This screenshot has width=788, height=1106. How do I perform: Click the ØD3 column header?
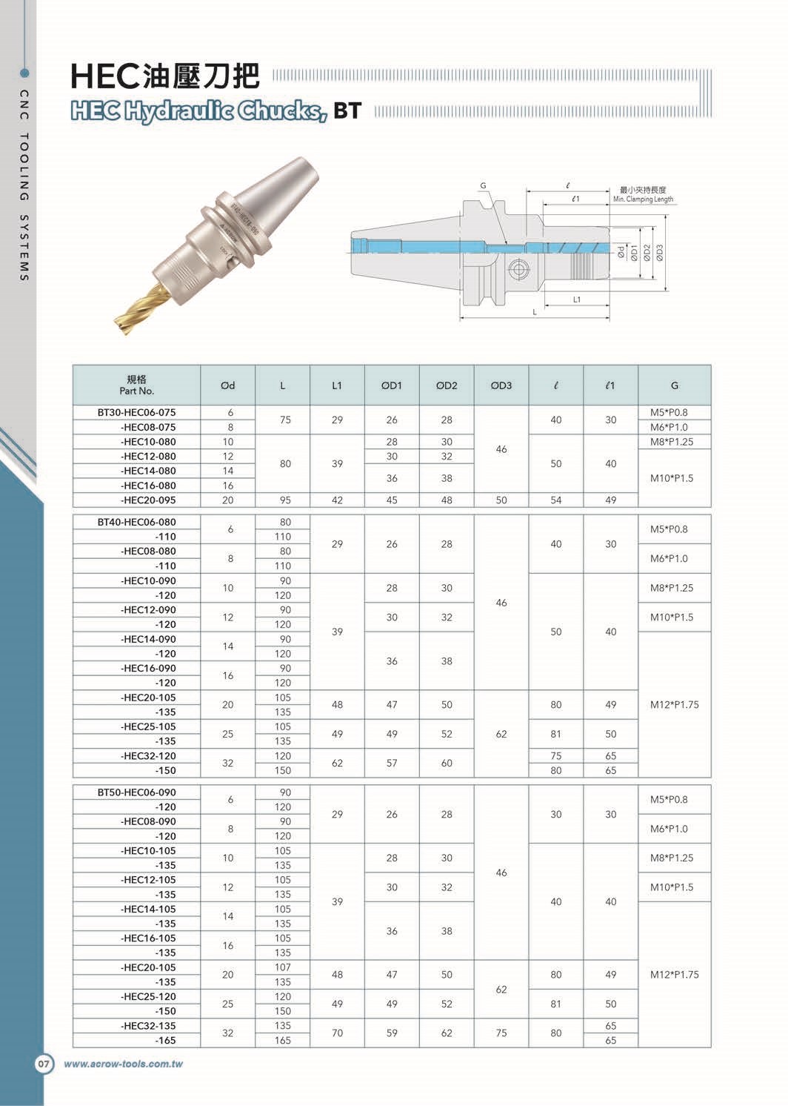[501, 385]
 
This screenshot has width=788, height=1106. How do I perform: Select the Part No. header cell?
[136, 385]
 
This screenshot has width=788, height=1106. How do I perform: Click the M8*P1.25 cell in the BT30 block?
[674, 442]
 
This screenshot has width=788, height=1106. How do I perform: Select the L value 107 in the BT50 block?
[283, 967]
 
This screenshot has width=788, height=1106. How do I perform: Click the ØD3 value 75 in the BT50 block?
[501, 1033]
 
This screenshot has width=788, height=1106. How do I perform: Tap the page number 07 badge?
[44, 1064]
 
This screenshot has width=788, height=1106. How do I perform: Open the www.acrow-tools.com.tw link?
[123, 1064]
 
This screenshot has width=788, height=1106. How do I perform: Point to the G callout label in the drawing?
[482, 185]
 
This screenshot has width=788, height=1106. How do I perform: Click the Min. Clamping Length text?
[643, 199]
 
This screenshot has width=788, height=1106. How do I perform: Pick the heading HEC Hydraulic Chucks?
[198, 111]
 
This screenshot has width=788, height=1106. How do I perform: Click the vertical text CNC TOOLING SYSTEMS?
[24, 185]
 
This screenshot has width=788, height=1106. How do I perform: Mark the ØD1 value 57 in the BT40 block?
[392, 763]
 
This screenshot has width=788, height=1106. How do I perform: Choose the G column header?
[674, 385]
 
